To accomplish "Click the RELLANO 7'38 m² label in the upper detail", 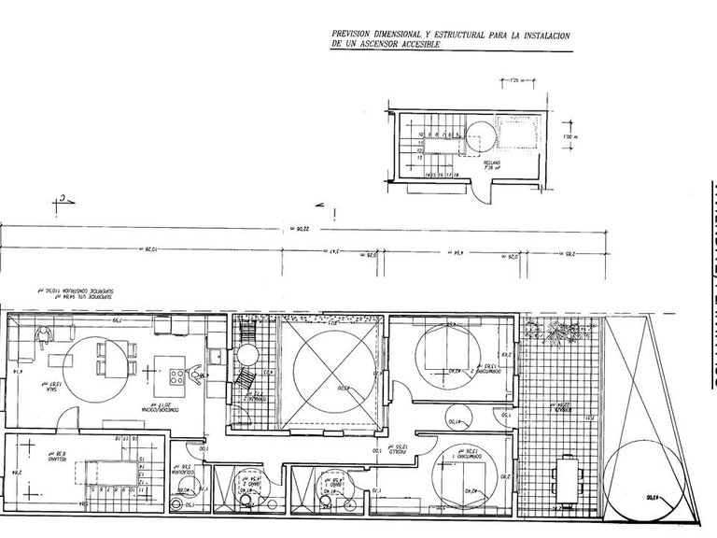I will tap(491, 164).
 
